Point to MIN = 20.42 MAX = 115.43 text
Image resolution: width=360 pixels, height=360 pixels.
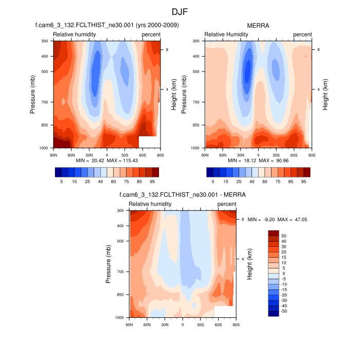point(106,161)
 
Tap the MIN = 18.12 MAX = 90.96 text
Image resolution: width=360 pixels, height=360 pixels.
point(258,161)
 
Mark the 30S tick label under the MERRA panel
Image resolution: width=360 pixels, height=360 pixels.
point(276,155)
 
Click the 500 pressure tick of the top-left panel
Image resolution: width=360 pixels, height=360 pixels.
point(44,71)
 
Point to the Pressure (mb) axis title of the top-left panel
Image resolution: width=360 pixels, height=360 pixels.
point(32,94)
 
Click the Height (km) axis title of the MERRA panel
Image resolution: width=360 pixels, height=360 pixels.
point(326,94)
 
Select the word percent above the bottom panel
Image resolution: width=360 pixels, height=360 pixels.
point(227,204)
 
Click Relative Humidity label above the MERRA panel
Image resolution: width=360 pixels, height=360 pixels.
point(226,34)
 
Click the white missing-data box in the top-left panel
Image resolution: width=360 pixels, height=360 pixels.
point(148,142)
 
